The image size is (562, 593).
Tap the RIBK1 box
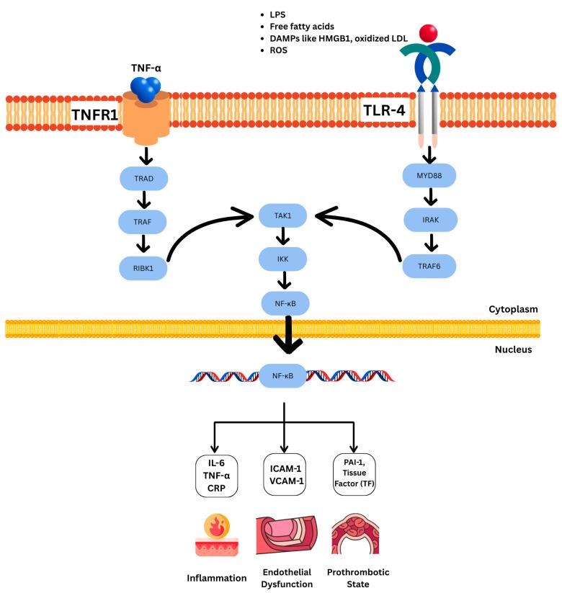[143, 268]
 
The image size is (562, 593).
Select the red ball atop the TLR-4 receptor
[428, 32]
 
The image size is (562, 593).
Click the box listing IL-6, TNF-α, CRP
[217, 476]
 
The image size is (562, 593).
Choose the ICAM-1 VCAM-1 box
[284, 476]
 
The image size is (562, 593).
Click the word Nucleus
[512, 349]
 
